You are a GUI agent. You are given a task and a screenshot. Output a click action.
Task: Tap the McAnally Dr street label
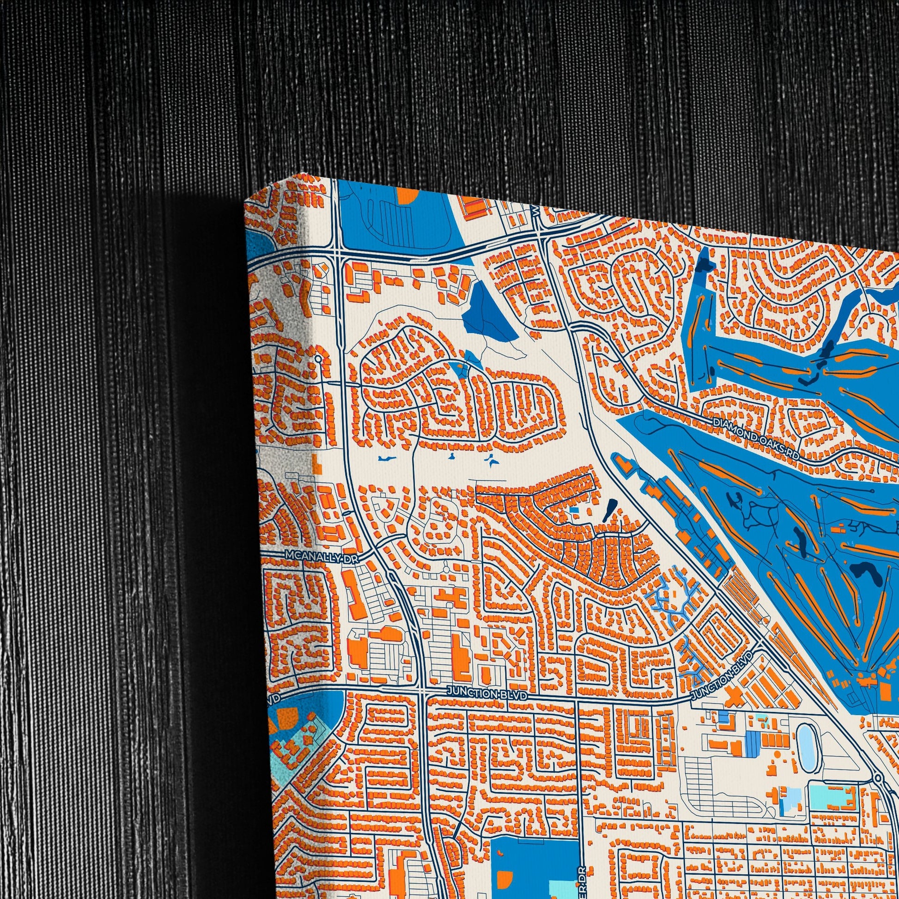322,556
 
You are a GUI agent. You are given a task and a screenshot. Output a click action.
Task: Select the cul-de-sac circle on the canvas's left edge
318,359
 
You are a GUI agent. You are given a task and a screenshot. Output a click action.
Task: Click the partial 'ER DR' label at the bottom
582,880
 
